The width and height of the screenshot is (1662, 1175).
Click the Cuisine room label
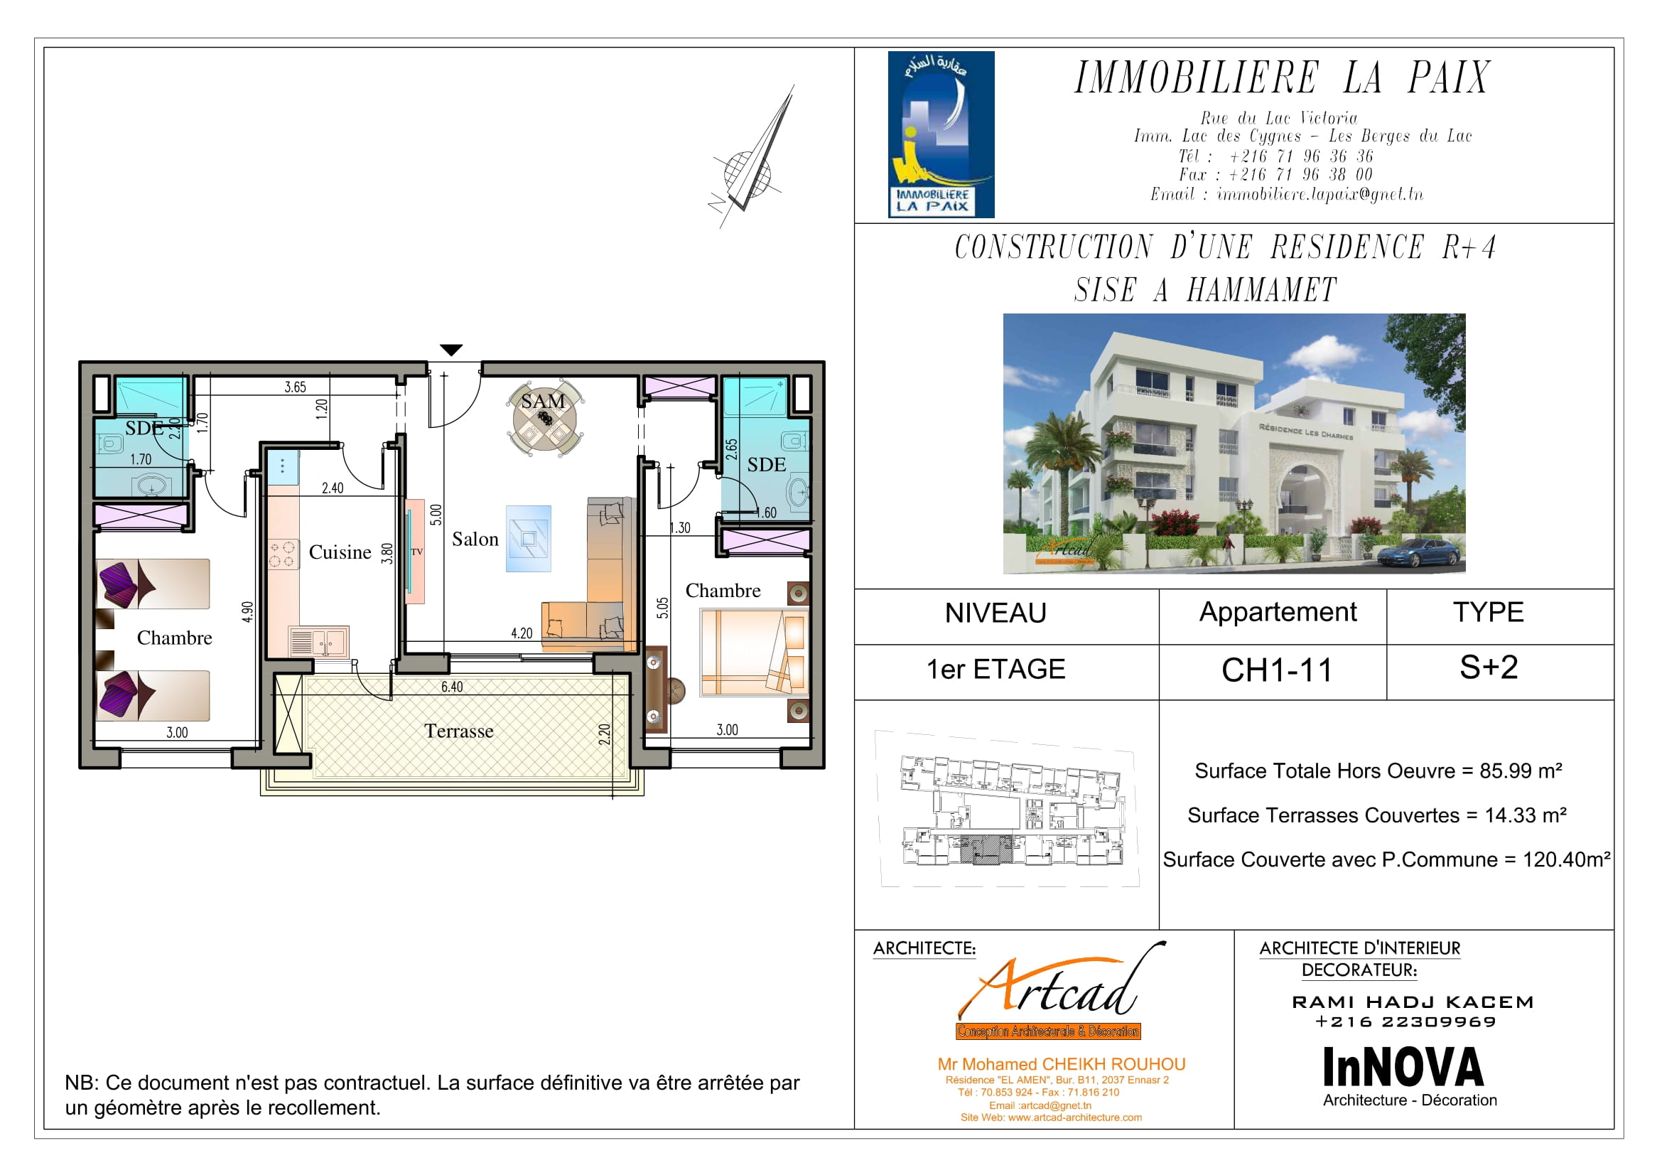coord(340,552)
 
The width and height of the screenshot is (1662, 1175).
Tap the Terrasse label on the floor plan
coord(459,731)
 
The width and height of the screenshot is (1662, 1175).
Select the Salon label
coord(475,540)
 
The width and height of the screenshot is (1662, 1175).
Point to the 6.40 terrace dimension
coord(452,687)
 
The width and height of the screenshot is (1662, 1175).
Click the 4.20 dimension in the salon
coord(521,633)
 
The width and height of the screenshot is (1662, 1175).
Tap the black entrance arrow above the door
coord(451,350)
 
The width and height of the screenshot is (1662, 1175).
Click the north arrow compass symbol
coord(752,157)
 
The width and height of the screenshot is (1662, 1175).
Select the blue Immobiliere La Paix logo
coord(941,134)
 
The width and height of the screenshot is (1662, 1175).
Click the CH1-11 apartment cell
coord(1277,670)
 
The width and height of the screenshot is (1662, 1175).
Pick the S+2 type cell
coord(1489,667)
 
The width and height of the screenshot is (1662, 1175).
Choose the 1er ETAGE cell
coord(995,669)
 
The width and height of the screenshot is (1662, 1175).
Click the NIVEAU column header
coord(995,613)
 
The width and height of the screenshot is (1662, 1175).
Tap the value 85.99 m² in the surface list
coord(1520,771)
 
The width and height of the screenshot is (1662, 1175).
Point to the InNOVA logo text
coord(1403,1067)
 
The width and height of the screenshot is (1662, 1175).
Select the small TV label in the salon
coord(416,552)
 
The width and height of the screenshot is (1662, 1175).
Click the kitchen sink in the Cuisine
coord(318,641)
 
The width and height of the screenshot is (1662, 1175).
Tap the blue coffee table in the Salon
coord(529,539)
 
